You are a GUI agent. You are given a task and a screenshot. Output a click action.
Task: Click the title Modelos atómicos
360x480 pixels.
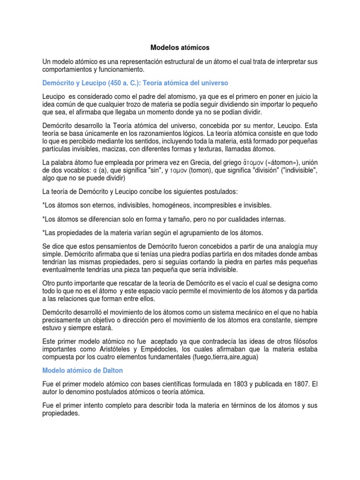click(x=180, y=47)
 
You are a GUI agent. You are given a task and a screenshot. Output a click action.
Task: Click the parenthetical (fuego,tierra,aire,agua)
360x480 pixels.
click(x=216, y=357)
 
